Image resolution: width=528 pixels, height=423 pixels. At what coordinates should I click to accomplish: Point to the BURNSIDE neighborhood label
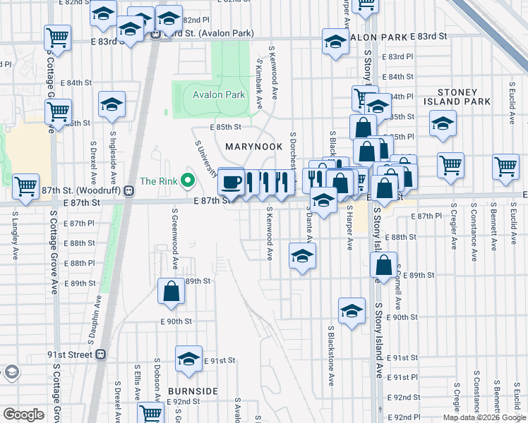[x=193, y=391]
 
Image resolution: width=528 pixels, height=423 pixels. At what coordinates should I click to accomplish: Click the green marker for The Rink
[x=187, y=181]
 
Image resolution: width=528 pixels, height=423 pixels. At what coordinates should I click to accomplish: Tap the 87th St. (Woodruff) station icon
[x=128, y=190]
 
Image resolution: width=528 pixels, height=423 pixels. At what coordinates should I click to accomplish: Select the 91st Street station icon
[x=101, y=355]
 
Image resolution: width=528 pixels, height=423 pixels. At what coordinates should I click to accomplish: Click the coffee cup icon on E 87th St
[x=231, y=183]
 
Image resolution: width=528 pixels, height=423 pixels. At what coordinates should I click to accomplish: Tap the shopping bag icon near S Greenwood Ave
[x=172, y=291]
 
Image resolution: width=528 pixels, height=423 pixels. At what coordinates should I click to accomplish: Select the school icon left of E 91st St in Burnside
[x=188, y=359]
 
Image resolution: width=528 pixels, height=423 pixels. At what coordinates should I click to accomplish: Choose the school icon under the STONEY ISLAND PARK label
[x=443, y=124]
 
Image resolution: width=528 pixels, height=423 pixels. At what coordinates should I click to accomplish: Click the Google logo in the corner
[x=23, y=415]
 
